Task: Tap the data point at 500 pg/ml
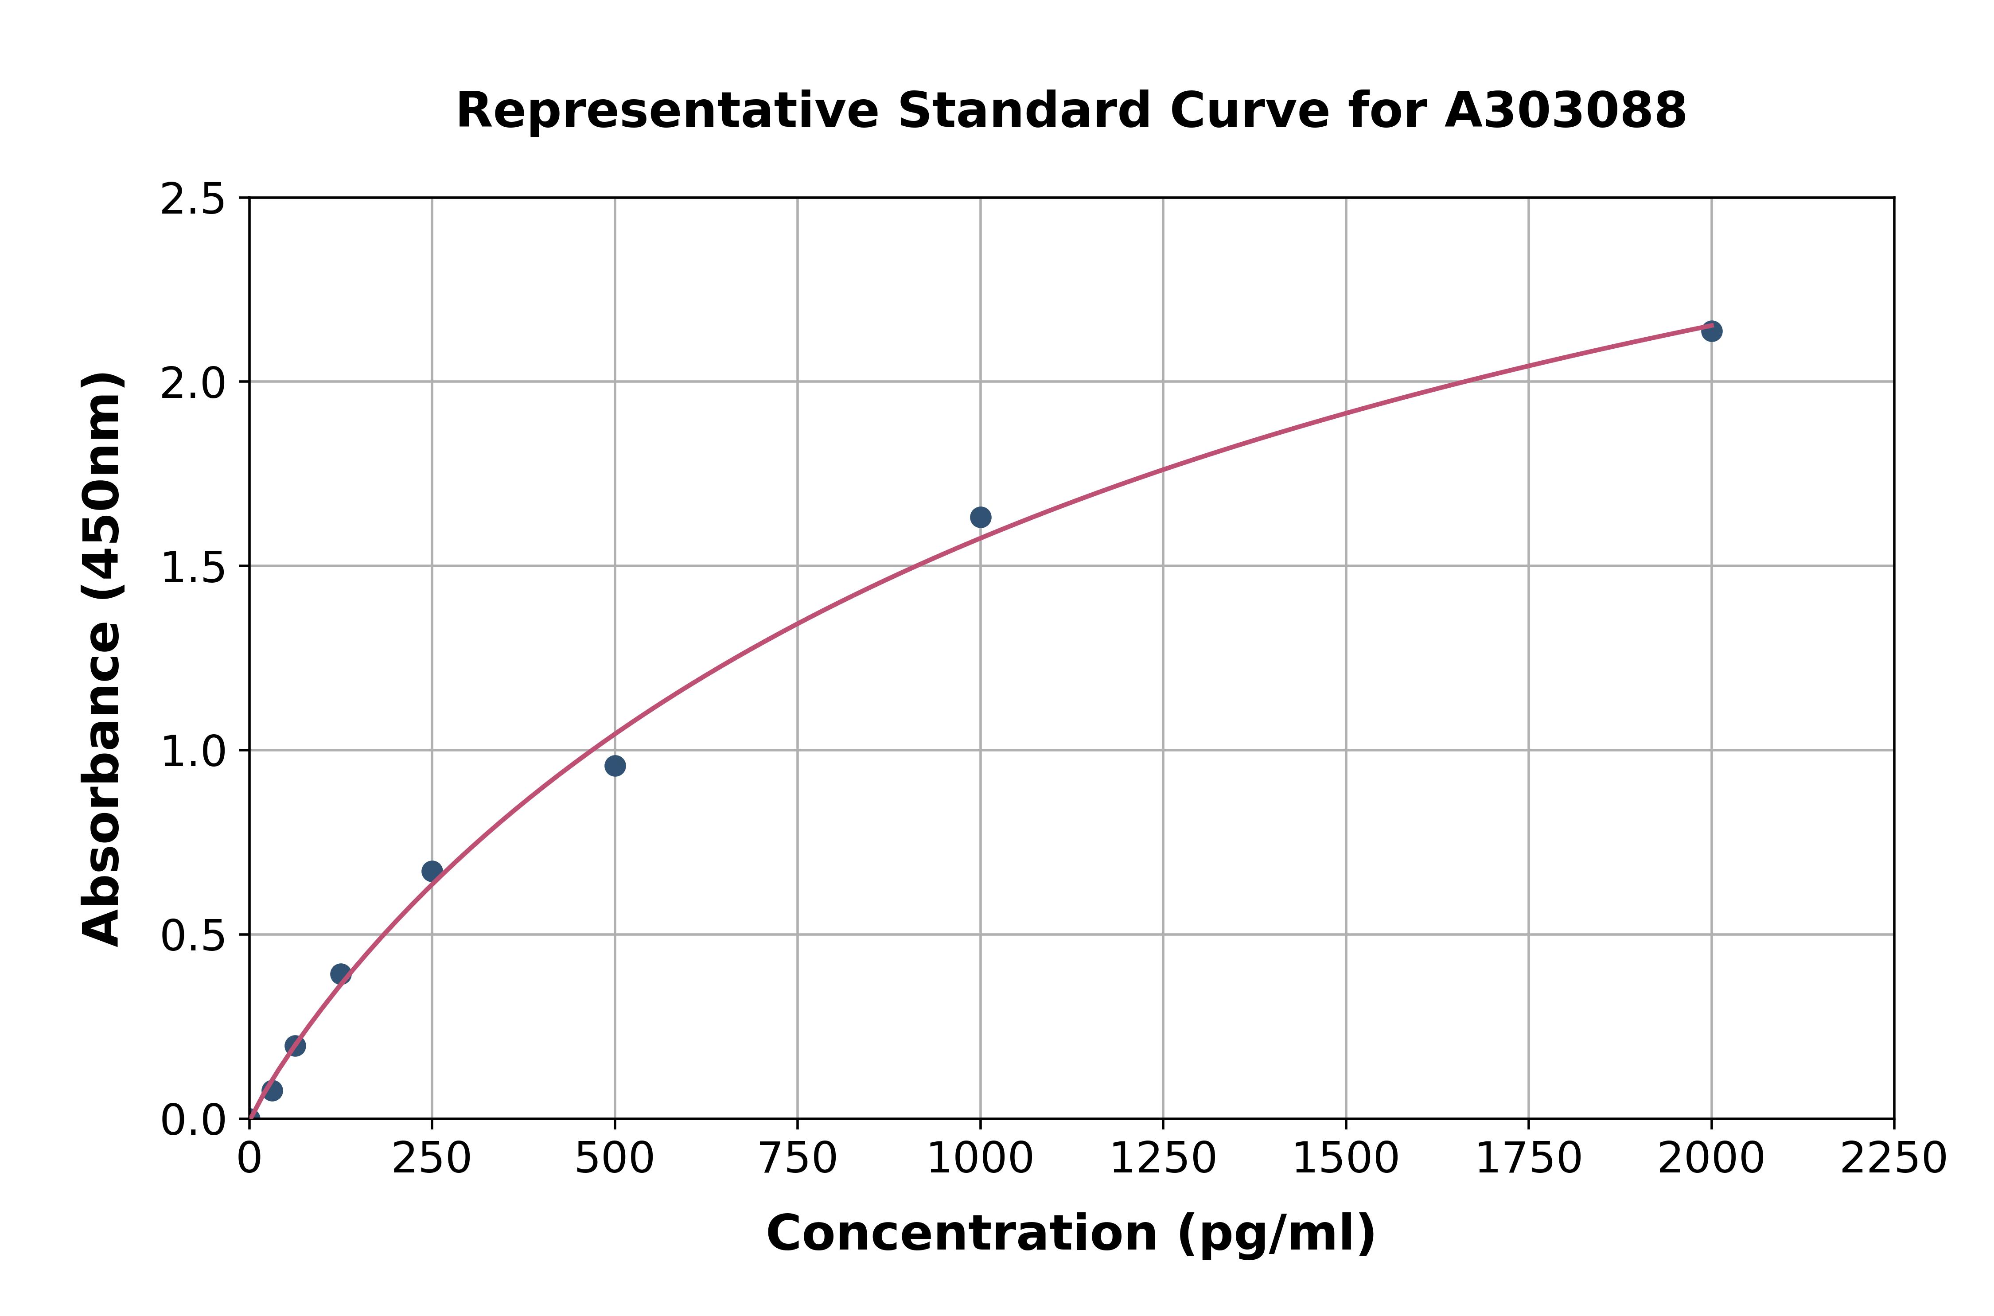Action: (615, 765)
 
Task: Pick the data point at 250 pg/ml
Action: (432, 871)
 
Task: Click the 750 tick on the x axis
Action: (797, 1159)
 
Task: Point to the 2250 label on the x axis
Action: (1893, 1159)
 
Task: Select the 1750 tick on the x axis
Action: (1528, 1159)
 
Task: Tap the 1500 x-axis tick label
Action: (1345, 1159)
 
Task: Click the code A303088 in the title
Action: (1565, 111)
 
